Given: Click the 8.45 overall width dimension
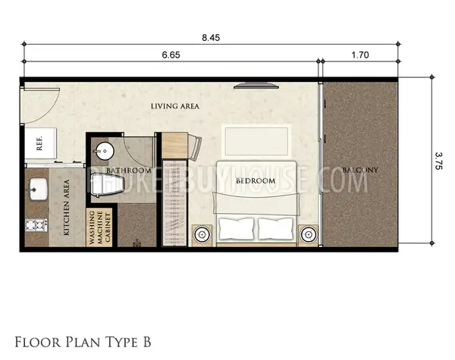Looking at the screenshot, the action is click(211, 38).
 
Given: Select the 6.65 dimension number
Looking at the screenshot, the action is click(171, 55).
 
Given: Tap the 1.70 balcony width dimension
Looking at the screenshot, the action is click(360, 55).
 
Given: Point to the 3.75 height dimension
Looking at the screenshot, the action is click(438, 161).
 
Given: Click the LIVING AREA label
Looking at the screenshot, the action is click(175, 106).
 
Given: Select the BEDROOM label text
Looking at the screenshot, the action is click(256, 181).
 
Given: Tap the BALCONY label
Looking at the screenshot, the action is click(360, 170).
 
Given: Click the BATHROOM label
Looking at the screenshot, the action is click(129, 171).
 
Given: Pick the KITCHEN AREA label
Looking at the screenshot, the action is click(67, 207).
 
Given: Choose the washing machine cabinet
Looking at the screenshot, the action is click(99, 227).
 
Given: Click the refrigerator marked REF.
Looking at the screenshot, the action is click(40, 143).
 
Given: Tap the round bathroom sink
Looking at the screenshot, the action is click(105, 151).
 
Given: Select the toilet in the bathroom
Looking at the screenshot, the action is click(108, 186).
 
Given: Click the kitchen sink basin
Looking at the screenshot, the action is click(39, 189).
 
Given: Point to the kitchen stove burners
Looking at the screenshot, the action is click(36, 225).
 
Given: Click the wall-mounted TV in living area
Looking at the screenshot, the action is click(256, 86).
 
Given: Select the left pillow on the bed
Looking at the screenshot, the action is click(237, 229).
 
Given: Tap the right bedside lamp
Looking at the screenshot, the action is click(309, 234).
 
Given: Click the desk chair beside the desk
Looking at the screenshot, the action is click(196, 148).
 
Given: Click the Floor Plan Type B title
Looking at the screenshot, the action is click(83, 343).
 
